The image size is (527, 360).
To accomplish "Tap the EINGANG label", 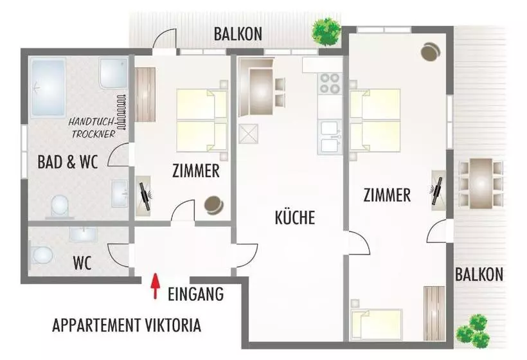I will (195, 295).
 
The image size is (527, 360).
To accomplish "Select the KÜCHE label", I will (295, 217).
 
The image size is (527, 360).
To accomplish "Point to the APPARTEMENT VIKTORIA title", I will (127, 325).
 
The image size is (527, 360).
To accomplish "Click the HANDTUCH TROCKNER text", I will (93, 128).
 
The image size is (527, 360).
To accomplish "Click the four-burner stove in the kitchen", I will (330, 84).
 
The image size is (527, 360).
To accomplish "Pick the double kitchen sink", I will (330, 137).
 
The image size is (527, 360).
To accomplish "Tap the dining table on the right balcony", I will (480, 183).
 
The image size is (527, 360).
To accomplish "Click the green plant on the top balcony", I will (325, 31).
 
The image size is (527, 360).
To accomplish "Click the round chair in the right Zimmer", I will (430, 50).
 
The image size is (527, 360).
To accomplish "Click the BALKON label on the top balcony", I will (238, 34).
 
